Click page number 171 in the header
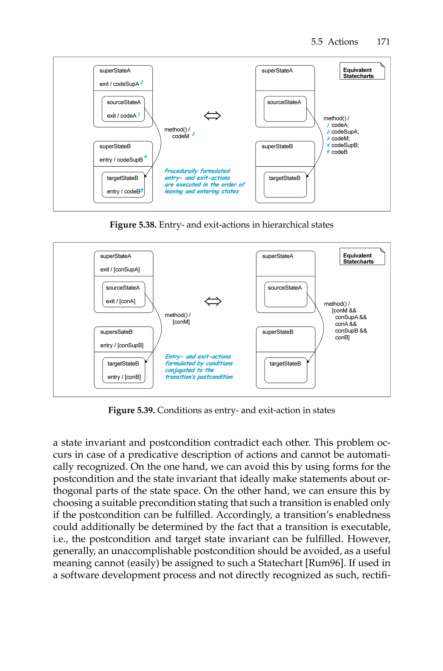click(x=383, y=42)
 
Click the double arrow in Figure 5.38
click(x=212, y=116)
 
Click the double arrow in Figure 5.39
click(x=213, y=301)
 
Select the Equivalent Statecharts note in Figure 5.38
click(x=362, y=71)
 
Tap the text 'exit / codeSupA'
click(x=119, y=84)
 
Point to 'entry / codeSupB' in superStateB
click(x=121, y=160)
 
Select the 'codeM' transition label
click(x=181, y=136)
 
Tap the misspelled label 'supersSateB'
click(x=116, y=332)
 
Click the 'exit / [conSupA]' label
click(x=120, y=269)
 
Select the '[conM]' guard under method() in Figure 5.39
click(x=181, y=322)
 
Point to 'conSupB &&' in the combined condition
click(x=351, y=331)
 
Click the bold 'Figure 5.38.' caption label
click(x=133, y=225)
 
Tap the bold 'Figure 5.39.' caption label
click(x=131, y=410)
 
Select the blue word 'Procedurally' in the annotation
click(x=181, y=171)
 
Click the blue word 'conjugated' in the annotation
click(x=180, y=370)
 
